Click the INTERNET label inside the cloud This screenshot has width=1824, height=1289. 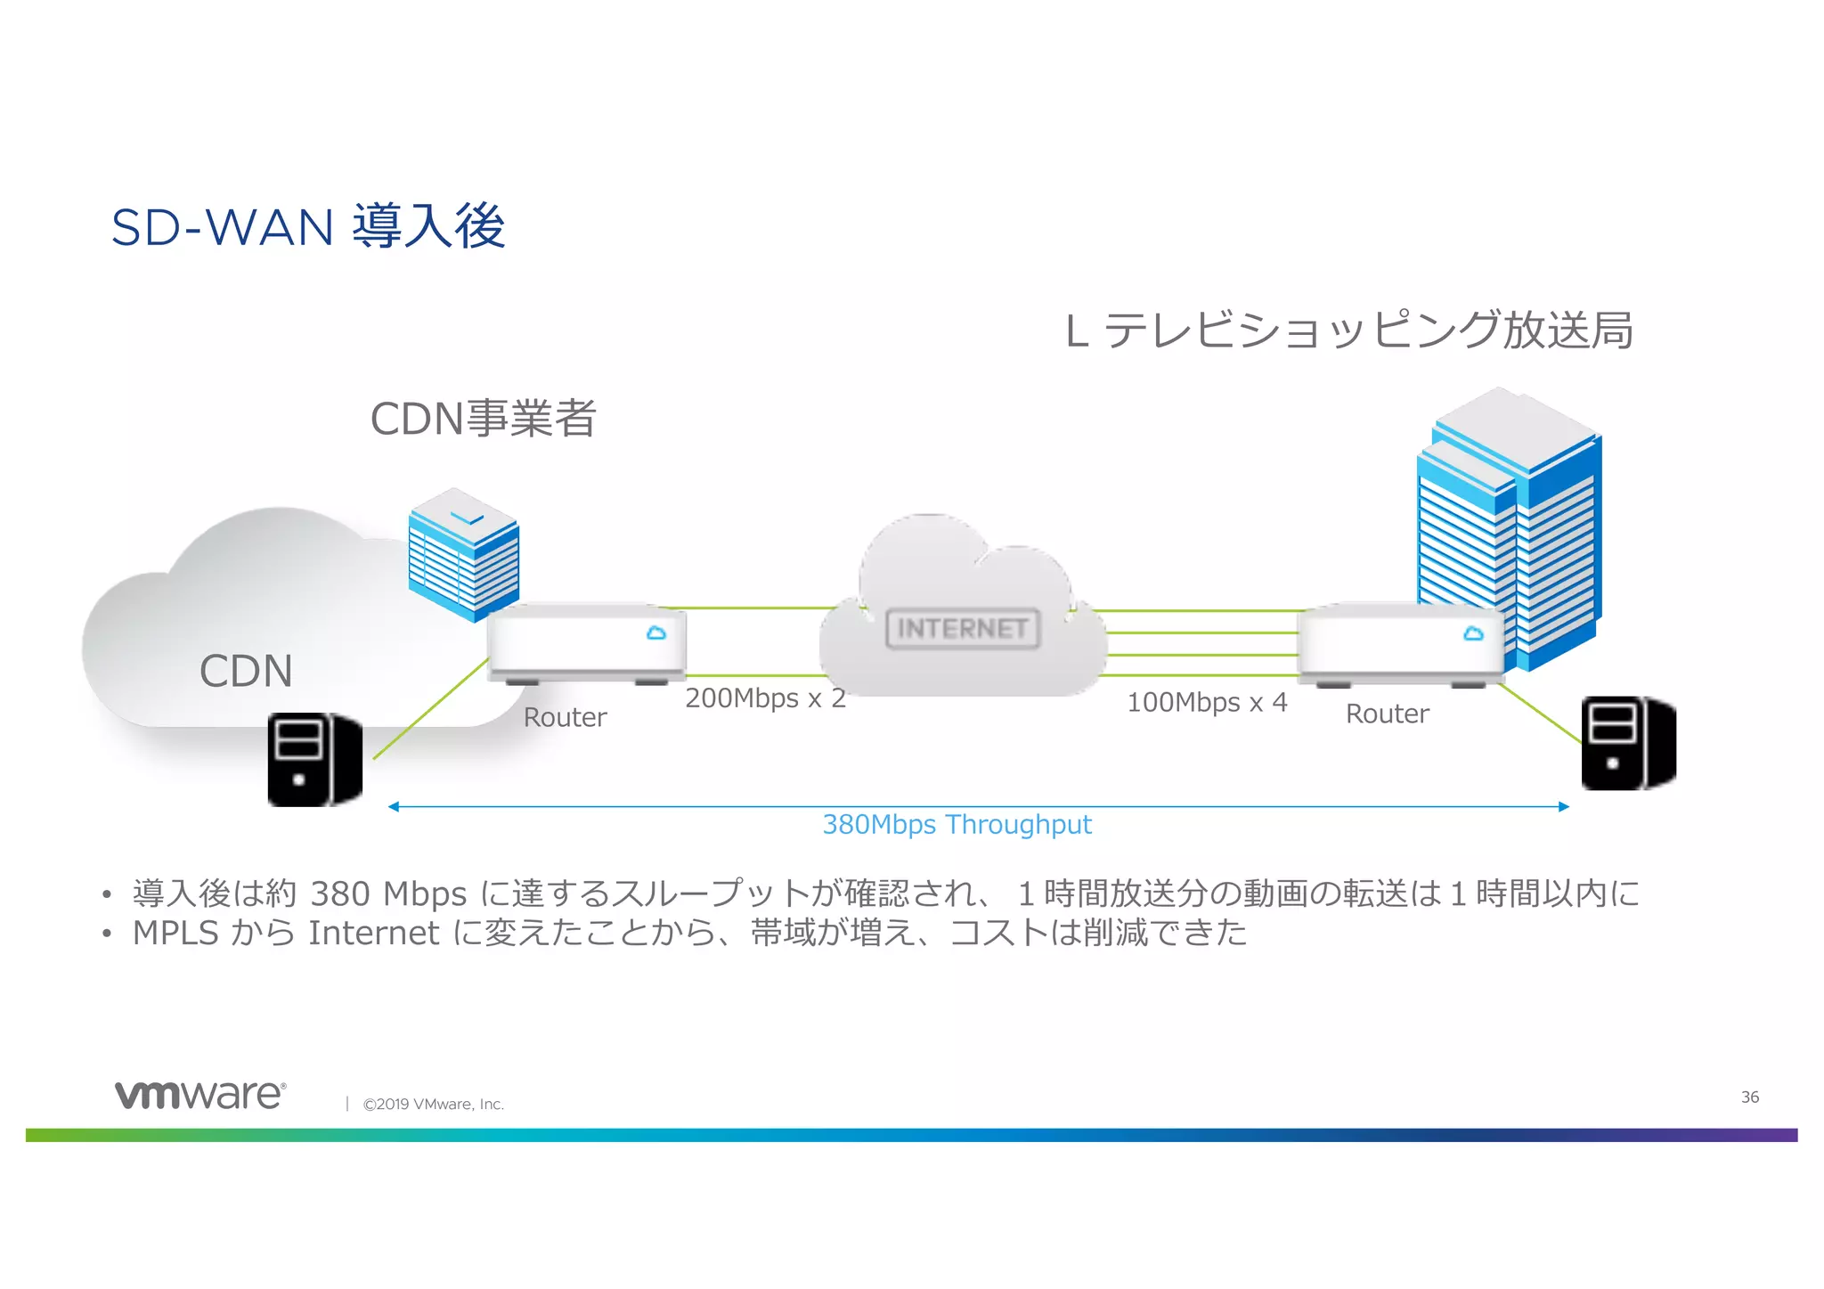tap(962, 629)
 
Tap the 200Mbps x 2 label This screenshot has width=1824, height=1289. tap(765, 698)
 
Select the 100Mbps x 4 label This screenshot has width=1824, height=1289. tap(1207, 703)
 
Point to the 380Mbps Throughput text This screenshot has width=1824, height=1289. tap(957, 825)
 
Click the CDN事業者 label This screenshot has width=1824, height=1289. tap(483, 419)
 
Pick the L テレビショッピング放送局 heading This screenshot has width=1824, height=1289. tap(1348, 331)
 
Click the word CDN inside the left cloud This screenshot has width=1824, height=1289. tap(246, 672)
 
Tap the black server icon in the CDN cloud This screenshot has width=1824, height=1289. tap(314, 760)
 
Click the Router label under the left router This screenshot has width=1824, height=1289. tap(565, 718)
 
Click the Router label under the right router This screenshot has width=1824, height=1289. tap(1387, 714)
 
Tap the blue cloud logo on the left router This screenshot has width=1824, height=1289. tap(656, 633)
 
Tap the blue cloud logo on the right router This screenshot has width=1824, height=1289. tap(1473, 634)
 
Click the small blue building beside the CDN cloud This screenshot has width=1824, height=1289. tap(463, 552)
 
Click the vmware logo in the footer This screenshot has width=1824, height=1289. tap(200, 1095)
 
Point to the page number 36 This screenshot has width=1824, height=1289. tap(1749, 1097)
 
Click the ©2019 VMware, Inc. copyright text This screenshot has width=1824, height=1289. tap(433, 1105)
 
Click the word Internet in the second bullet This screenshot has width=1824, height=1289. tap(373, 934)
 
